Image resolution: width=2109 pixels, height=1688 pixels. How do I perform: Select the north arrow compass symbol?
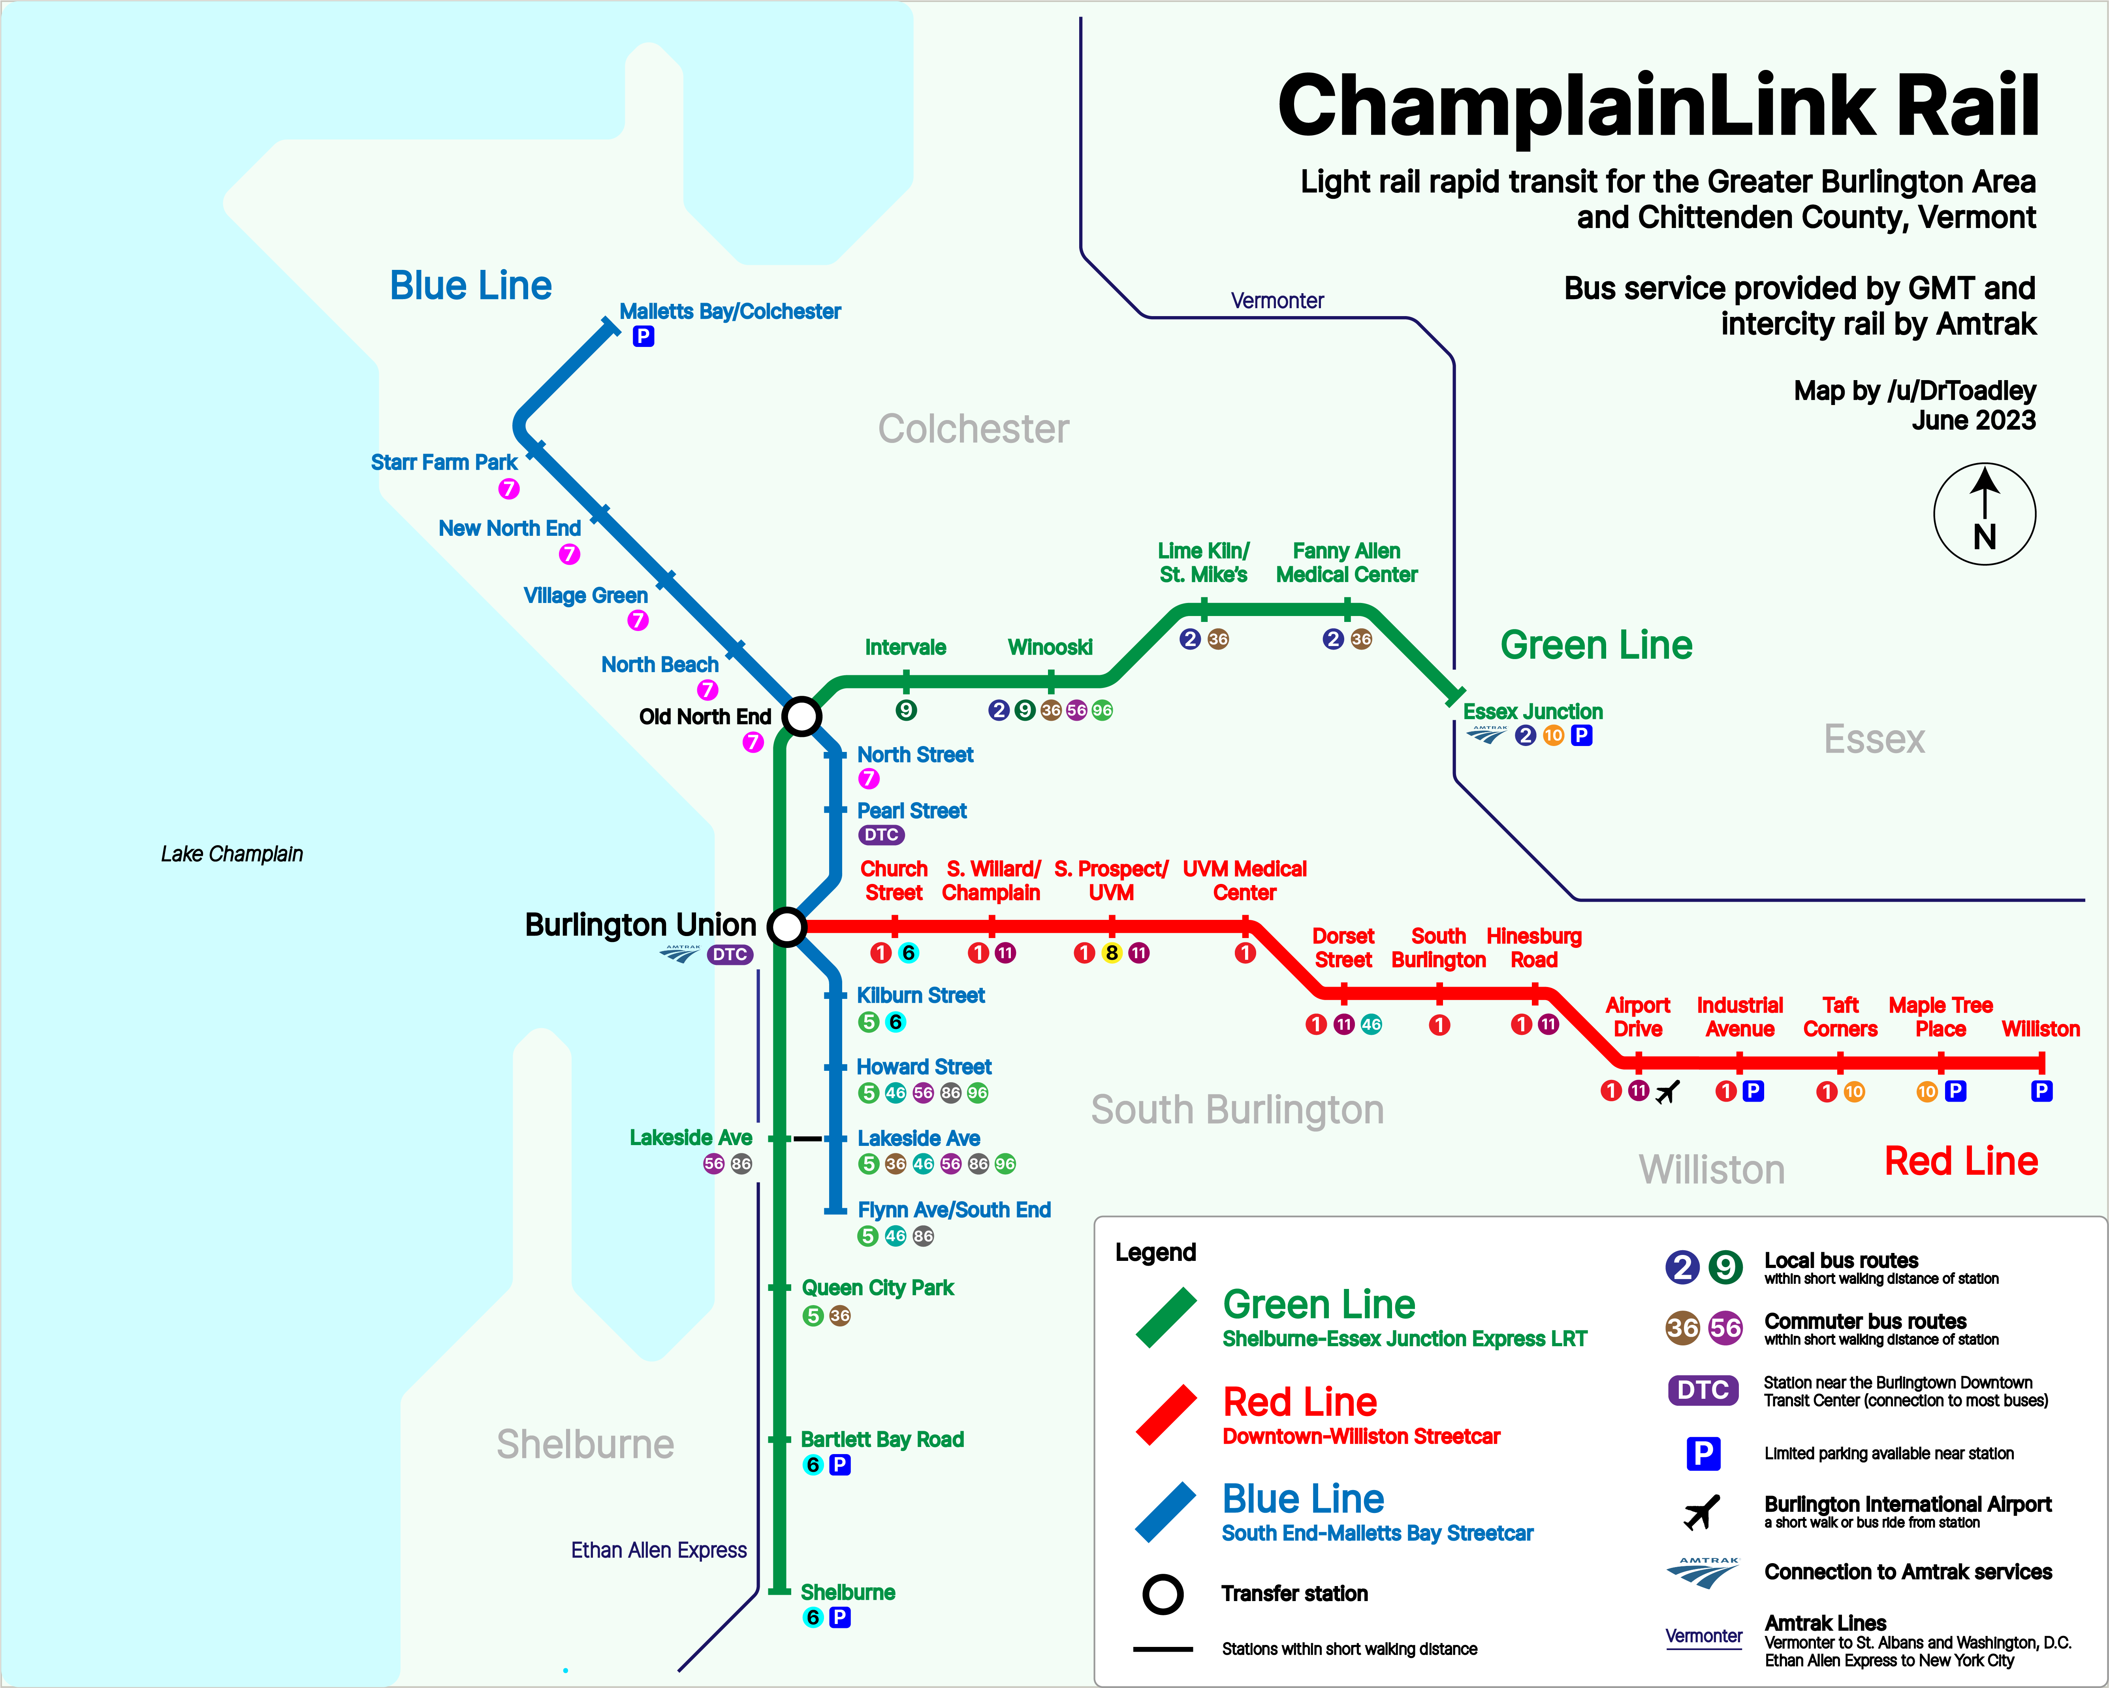click(1985, 514)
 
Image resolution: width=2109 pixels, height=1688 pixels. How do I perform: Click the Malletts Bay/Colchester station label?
click(730, 311)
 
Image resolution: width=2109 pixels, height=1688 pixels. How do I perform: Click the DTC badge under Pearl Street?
click(881, 835)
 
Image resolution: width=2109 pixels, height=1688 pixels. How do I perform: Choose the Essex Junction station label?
click(1533, 711)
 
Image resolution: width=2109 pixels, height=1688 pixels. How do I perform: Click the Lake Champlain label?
click(232, 854)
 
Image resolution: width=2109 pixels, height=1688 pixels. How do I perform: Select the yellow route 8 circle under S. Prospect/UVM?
click(1111, 953)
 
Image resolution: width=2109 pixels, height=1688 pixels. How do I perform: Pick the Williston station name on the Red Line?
click(2041, 1029)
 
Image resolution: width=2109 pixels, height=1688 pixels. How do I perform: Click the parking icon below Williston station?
click(2041, 1091)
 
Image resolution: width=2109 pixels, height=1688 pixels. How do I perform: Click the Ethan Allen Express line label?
click(658, 1550)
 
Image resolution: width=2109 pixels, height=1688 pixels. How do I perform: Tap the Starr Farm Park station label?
click(444, 462)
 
